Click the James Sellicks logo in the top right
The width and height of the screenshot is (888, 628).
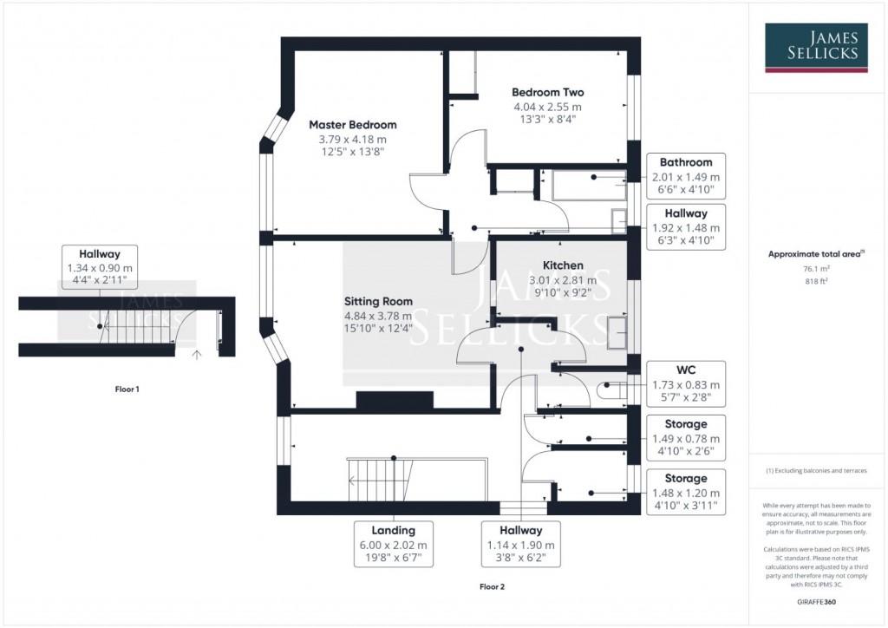click(x=816, y=48)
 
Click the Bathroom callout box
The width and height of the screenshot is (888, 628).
click(x=686, y=177)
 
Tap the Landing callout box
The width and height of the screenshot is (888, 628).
click(x=394, y=544)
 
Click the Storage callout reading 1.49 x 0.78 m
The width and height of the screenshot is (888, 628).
click(x=686, y=439)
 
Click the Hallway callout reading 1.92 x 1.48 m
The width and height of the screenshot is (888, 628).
click(x=686, y=227)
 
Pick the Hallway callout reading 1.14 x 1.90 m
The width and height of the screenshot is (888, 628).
click(x=520, y=544)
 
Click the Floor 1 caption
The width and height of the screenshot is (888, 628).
click(x=127, y=389)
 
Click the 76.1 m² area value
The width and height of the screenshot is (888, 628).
click(x=816, y=269)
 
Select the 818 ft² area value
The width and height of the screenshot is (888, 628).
click(x=816, y=281)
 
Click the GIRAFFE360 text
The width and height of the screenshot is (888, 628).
click(x=816, y=600)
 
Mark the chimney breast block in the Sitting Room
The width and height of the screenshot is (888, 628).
click(x=394, y=401)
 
